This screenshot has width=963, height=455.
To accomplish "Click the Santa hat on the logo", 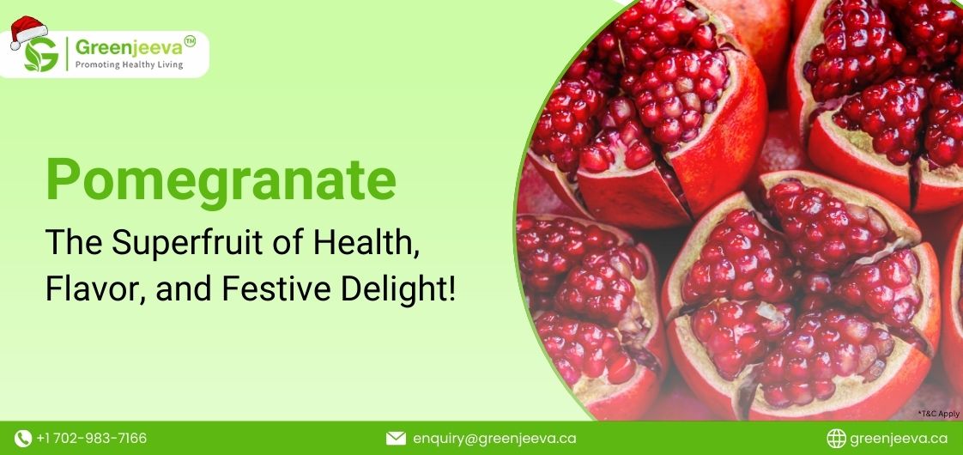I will (x=29, y=32).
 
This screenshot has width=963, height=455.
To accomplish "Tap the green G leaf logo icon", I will (x=41, y=55).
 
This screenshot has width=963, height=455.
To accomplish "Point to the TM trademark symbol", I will (x=190, y=41).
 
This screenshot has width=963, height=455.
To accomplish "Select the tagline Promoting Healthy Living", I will (x=129, y=64).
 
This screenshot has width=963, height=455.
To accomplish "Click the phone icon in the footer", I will (x=23, y=439).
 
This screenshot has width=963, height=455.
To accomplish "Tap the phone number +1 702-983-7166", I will (x=91, y=439).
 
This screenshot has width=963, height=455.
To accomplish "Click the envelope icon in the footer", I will (x=396, y=439).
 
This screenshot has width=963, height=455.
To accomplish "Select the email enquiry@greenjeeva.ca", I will (x=494, y=439).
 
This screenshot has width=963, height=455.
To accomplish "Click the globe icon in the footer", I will (x=836, y=439).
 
